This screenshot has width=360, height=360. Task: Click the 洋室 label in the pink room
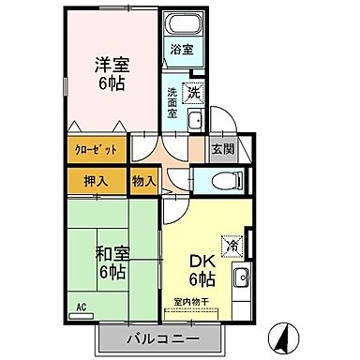tap(111, 65)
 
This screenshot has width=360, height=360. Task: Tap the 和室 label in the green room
tap(111, 253)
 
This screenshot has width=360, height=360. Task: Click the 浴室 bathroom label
tap(181, 49)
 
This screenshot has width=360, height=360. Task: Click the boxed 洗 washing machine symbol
tap(193, 93)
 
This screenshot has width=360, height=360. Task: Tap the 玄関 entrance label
tap(223, 147)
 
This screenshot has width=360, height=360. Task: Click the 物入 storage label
tap(143, 179)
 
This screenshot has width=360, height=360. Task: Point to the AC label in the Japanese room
tap(82, 306)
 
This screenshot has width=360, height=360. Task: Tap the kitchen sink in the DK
tap(241, 278)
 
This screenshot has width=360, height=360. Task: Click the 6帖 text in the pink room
tap(111, 83)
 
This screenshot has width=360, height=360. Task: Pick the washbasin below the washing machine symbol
tap(196, 120)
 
